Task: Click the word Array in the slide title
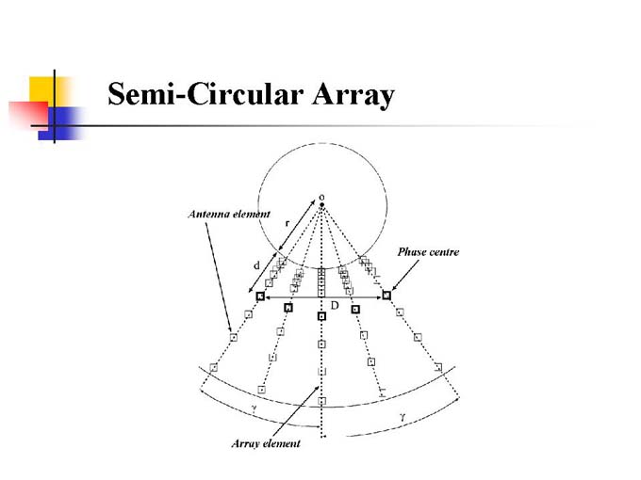tap(348, 96)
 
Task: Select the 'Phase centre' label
tap(428, 252)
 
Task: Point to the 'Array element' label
tap(266, 443)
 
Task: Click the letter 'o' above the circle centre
tap(322, 195)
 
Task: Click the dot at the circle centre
tap(322, 204)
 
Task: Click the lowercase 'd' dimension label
tap(256, 265)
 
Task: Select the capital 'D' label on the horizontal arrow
tap(335, 305)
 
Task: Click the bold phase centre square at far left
tap(260, 296)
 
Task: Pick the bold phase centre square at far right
tap(386, 296)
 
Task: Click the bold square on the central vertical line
tap(321, 316)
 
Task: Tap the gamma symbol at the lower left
tap(253, 408)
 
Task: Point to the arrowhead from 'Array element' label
tap(315, 388)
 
